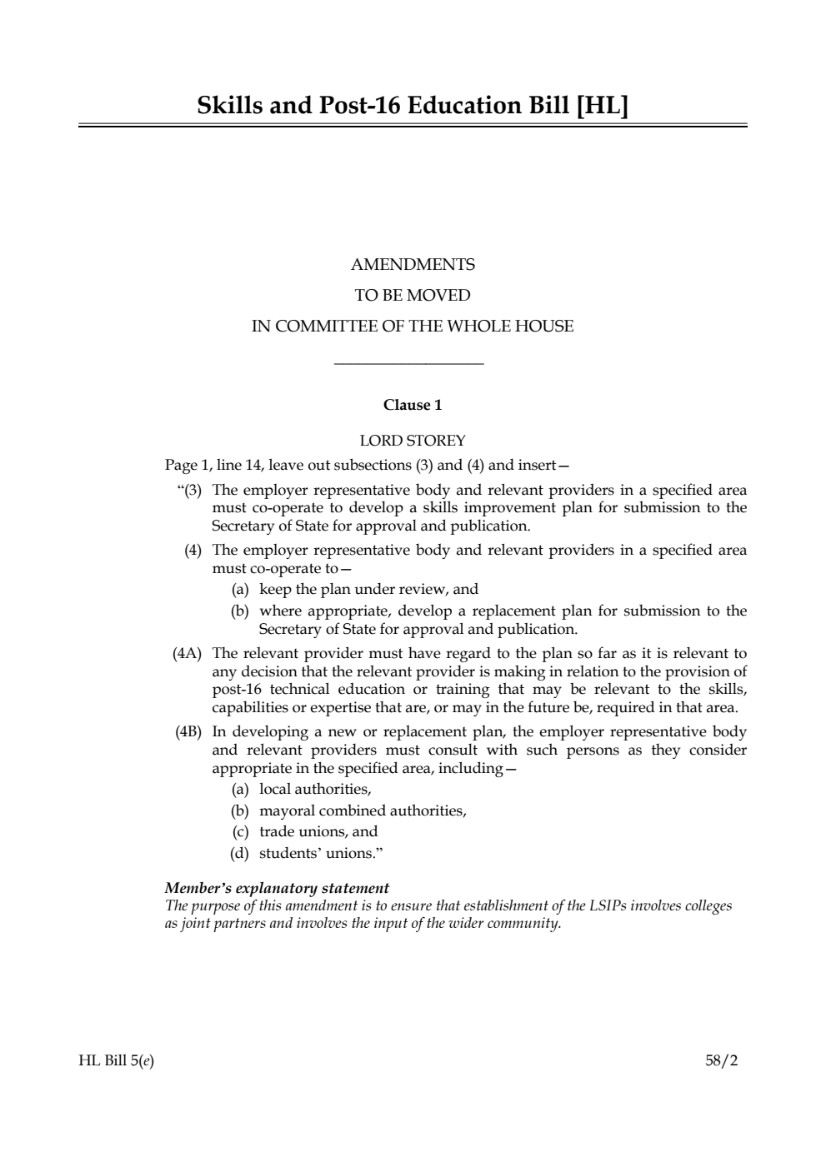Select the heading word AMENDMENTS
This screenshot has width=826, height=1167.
point(413,265)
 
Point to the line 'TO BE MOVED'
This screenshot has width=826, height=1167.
point(413,296)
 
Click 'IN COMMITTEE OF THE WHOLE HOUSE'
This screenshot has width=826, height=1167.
point(413,327)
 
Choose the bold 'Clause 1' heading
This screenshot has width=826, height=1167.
point(413,406)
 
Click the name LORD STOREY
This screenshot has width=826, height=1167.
point(413,441)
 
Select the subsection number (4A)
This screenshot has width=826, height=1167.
point(188,654)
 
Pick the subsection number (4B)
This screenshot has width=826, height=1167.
point(188,732)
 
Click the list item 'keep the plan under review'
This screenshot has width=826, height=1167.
point(368,590)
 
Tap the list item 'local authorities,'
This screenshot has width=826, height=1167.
point(315,789)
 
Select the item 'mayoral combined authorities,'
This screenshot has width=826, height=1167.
point(363,810)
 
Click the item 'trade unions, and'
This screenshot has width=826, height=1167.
point(318,831)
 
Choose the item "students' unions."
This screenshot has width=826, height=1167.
point(321,853)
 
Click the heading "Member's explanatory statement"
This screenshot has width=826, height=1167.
point(277,888)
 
